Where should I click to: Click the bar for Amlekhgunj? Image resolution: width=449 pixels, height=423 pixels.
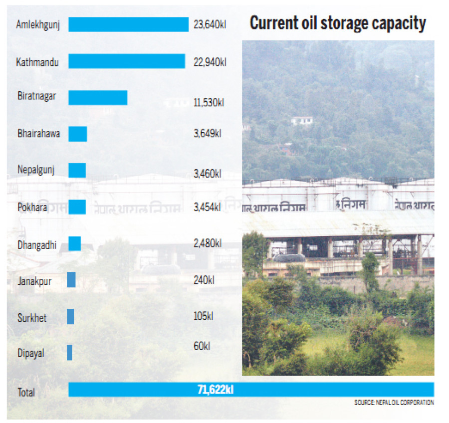click(x=128, y=24)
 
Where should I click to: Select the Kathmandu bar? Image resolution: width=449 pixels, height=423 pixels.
click(x=126, y=61)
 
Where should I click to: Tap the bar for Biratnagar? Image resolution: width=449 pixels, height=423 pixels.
click(x=98, y=97)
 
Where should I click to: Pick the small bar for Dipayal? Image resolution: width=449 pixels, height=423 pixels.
click(x=69, y=353)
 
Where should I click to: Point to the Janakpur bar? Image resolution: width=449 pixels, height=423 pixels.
click(x=71, y=280)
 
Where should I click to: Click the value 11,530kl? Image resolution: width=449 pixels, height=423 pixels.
click(x=209, y=102)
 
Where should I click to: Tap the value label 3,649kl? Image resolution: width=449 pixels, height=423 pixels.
click(x=207, y=134)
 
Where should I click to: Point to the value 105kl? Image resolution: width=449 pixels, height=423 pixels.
click(x=204, y=316)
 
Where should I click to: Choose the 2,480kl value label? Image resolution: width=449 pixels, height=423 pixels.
click(x=207, y=243)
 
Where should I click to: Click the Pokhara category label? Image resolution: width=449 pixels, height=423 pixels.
click(x=32, y=207)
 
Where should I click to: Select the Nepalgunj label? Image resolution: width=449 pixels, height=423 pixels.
click(x=36, y=170)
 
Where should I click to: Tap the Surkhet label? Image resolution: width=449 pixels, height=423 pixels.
click(x=31, y=317)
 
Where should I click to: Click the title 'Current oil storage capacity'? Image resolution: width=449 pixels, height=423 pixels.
click(x=338, y=23)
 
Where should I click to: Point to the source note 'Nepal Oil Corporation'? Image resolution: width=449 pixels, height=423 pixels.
click(x=394, y=403)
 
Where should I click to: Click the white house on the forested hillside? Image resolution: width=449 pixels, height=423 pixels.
click(x=302, y=120)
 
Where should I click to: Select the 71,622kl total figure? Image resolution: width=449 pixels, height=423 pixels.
click(x=216, y=390)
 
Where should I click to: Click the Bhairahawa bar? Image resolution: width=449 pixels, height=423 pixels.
click(x=77, y=134)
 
